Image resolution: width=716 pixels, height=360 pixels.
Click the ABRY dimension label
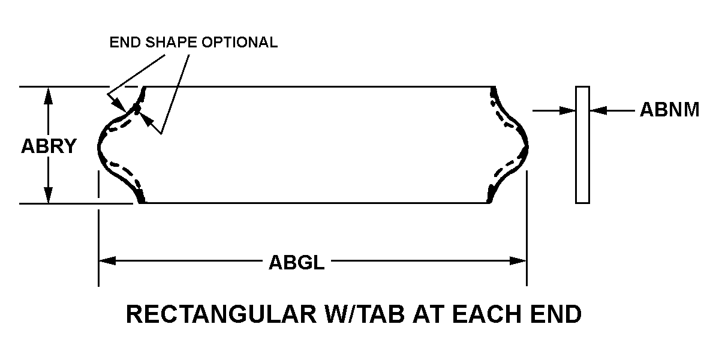(x=49, y=146)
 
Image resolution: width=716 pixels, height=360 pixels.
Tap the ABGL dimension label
(x=297, y=263)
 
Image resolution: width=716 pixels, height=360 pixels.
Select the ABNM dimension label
(x=669, y=110)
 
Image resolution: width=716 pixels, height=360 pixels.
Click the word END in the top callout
(x=125, y=43)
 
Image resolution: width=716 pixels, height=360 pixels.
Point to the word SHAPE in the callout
(x=172, y=43)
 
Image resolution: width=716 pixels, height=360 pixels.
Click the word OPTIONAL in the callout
(x=240, y=43)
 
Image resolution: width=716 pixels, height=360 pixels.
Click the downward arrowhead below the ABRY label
(x=49, y=194)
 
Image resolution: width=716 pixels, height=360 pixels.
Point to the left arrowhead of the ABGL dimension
(x=107, y=261)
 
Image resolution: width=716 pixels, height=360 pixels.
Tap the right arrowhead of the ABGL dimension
(x=518, y=261)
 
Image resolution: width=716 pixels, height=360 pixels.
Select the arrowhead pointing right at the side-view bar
(x=567, y=110)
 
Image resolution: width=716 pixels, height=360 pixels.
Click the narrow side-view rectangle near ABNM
(x=582, y=145)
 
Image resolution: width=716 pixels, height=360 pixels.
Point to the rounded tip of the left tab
(x=98, y=146)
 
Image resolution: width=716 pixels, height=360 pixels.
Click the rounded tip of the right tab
(x=527, y=146)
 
